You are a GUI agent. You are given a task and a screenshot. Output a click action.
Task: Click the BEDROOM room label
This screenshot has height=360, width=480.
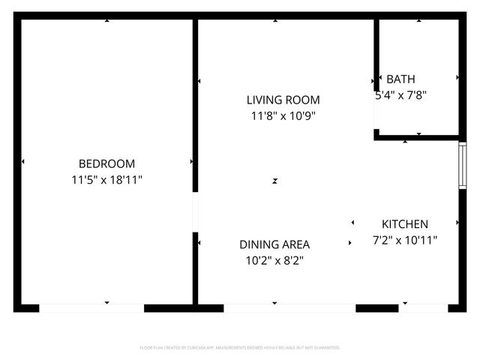[x=106, y=163]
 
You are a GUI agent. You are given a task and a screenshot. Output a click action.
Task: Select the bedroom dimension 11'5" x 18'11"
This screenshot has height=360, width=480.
[x=106, y=180]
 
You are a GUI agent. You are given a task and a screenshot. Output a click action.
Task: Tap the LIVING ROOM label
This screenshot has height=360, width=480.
[x=283, y=100]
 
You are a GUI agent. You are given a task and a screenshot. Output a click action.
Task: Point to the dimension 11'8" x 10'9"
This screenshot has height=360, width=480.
[x=283, y=116]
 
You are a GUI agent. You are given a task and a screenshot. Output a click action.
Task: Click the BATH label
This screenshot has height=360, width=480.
[x=400, y=79]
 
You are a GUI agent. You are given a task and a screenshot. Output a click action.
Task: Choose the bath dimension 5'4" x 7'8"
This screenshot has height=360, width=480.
[x=400, y=95]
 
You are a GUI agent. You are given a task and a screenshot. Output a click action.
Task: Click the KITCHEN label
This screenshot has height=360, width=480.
[x=405, y=223]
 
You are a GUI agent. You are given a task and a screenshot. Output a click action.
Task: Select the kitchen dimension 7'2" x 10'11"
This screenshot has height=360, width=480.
[x=405, y=240]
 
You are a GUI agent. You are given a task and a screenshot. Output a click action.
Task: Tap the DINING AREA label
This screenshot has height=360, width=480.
[x=274, y=244]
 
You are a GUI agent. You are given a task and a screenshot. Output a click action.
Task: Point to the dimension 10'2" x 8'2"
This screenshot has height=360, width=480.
[x=274, y=261]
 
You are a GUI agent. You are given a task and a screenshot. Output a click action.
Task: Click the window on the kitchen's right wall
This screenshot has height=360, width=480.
[x=462, y=165]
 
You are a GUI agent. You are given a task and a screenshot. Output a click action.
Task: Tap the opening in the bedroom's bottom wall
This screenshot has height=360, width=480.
[x=91, y=307]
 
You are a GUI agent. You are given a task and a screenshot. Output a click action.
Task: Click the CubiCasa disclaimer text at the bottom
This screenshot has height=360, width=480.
[x=240, y=348]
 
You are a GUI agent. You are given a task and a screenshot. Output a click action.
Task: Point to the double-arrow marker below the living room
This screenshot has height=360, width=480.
[x=275, y=181]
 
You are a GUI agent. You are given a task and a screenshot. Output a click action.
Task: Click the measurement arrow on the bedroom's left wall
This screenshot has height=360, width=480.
[x=23, y=161]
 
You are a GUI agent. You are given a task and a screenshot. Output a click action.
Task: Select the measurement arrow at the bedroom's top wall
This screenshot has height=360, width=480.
[x=106, y=21]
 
